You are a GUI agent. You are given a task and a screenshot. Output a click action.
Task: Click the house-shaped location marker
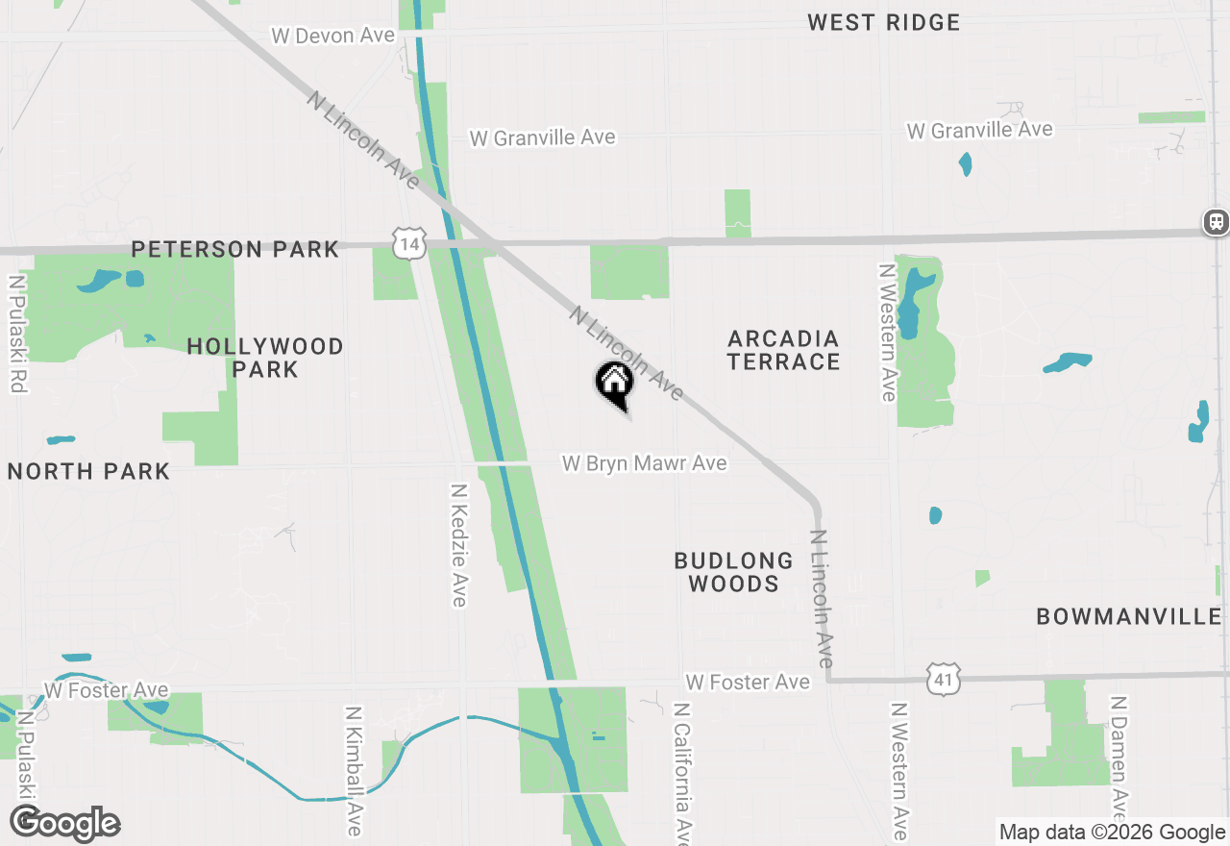[615, 384]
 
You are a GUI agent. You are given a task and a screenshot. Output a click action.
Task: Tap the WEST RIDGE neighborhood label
[883, 22]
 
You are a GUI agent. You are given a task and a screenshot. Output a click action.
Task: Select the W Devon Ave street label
[332, 36]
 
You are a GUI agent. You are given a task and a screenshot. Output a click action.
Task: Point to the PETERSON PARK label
[235, 249]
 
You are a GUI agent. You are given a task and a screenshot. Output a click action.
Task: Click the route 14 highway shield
[409, 244]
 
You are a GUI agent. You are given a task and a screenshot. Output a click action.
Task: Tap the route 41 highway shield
[945, 679]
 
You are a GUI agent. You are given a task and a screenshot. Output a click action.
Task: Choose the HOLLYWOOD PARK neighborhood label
[265, 358]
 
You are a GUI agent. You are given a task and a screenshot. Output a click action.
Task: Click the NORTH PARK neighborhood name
[88, 471]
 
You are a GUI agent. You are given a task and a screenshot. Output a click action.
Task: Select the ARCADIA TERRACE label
[784, 350]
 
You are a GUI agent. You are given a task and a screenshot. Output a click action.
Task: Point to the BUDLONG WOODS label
[733, 572]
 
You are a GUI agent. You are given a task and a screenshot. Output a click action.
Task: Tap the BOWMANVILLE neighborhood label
[1129, 616]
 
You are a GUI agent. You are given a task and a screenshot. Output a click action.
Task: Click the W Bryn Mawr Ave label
[644, 463]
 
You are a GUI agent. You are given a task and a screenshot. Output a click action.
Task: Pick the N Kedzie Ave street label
[459, 545]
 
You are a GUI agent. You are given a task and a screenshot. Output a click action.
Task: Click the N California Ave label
[682, 774]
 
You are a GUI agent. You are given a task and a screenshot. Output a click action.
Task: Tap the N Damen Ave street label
[1118, 764]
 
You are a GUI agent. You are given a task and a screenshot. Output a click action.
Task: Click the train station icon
[1216, 222]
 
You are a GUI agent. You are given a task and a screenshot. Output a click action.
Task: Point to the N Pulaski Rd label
[16, 334]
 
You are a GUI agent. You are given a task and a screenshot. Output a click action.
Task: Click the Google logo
[64, 823]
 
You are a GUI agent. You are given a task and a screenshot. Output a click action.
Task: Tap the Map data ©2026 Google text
[1112, 833]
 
